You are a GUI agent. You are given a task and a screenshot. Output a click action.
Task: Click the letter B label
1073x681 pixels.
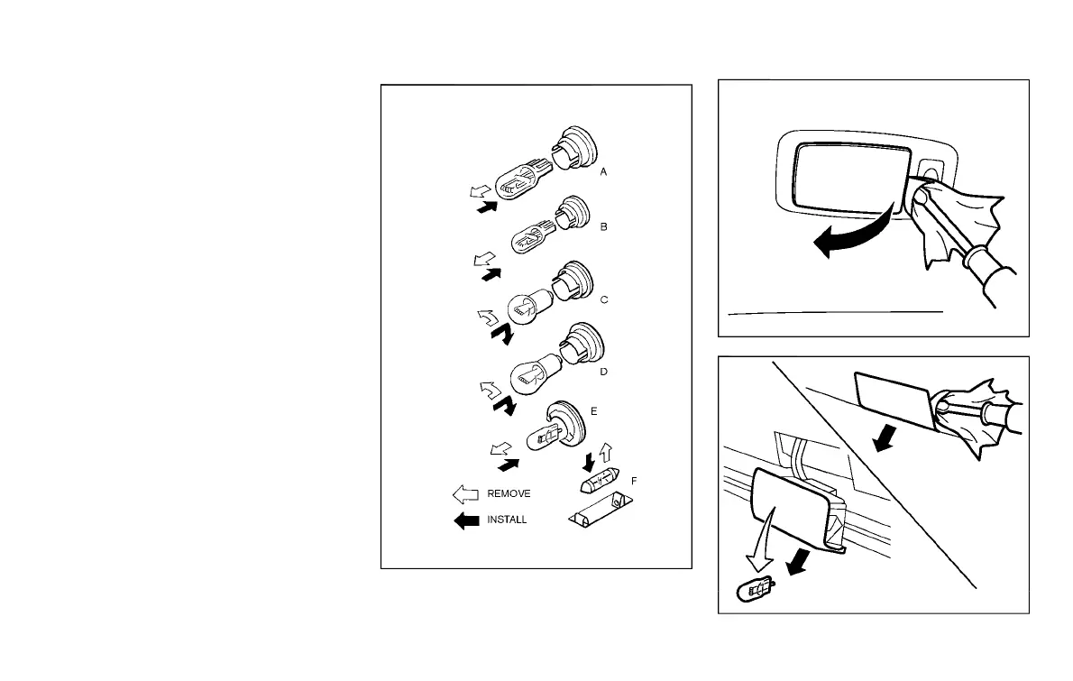tap(603, 227)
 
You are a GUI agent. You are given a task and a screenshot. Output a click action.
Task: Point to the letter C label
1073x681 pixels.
tap(604, 299)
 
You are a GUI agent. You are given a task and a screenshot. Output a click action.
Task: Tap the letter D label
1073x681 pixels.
tap(603, 370)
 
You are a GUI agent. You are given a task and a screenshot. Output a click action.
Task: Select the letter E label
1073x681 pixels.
tap(593, 410)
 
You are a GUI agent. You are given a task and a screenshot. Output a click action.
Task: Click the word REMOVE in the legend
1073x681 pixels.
tap(509, 493)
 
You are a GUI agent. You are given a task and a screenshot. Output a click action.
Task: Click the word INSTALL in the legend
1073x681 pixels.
tap(507, 520)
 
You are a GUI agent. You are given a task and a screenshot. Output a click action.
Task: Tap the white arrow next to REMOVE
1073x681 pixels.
tap(466, 494)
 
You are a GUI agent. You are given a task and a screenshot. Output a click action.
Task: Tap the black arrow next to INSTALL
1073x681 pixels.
tap(466, 520)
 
